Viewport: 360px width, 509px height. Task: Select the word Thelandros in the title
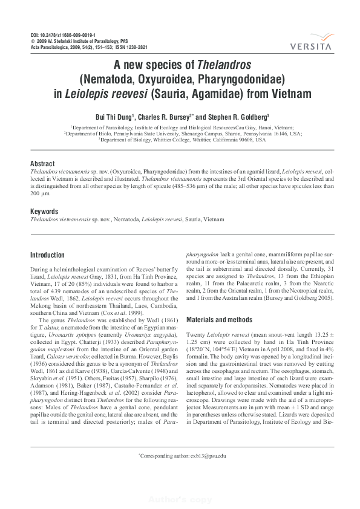(224, 65)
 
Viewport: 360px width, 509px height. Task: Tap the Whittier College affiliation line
(182, 140)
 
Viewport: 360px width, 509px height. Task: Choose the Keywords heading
(44, 212)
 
